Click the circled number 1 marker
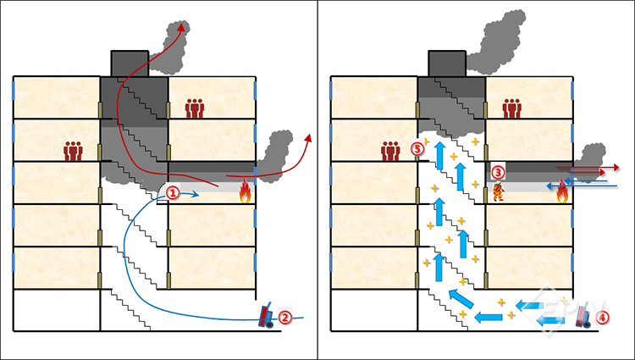[x=172, y=193]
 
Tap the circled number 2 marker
[x=285, y=318]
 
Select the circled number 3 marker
[x=498, y=172]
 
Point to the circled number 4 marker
[x=602, y=318]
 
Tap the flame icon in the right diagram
[x=562, y=194]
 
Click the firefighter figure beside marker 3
[x=497, y=191]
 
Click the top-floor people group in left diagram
[x=196, y=108]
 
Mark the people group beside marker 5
[x=390, y=151]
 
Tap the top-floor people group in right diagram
[x=511, y=108]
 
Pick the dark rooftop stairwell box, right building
[x=446, y=64]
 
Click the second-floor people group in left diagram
[x=75, y=151]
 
